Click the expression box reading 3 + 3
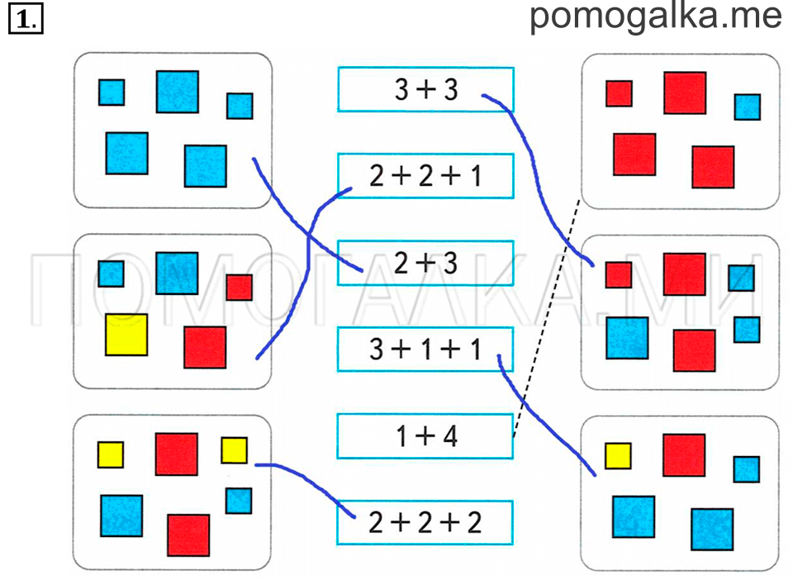(426, 89)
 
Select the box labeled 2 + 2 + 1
(426, 176)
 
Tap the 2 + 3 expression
(426, 263)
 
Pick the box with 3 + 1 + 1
(426, 349)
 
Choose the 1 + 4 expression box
(426, 436)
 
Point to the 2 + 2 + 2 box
(426, 523)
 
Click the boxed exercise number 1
(26, 19)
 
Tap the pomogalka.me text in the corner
(656, 17)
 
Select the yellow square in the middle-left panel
(126, 335)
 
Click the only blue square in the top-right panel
(748, 107)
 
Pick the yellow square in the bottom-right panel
(618, 456)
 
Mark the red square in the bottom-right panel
(684, 455)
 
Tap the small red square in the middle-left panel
(240, 288)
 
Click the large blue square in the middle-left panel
(177, 273)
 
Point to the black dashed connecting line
(547, 317)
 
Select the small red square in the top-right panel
(619, 93)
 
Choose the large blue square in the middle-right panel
(627, 338)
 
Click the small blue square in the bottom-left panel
(239, 501)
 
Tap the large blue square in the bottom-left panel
(121, 516)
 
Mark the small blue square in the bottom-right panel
(747, 469)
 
